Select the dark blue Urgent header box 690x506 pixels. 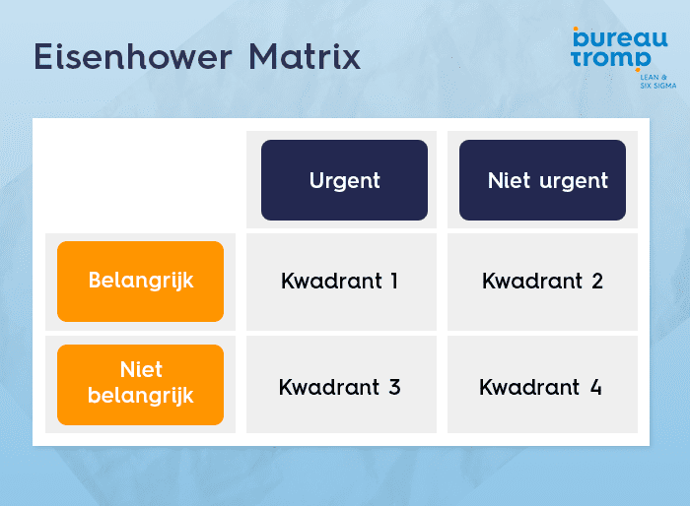click(x=344, y=180)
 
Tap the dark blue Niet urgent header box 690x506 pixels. click(x=542, y=180)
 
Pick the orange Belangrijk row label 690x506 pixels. click(x=140, y=281)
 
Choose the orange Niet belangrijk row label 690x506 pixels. click(x=140, y=384)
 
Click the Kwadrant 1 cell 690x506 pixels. click(x=339, y=282)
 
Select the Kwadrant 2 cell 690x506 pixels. click(x=542, y=282)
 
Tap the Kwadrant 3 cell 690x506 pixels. click(x=339, y=387)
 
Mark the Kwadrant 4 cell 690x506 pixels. click(x=542, y=387)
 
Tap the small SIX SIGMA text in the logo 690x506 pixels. click(x=658, y=86)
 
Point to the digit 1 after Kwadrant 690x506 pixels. click(x=393, y=282)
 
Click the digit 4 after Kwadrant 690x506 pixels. click(x=595, y=387)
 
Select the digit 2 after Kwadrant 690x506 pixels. click(x=596, y=282)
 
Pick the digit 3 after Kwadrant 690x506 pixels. click(x=394, y=387)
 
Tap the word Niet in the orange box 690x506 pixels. click(x=140, y=371)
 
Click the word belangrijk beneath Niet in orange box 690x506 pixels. click(x=140, y=396)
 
